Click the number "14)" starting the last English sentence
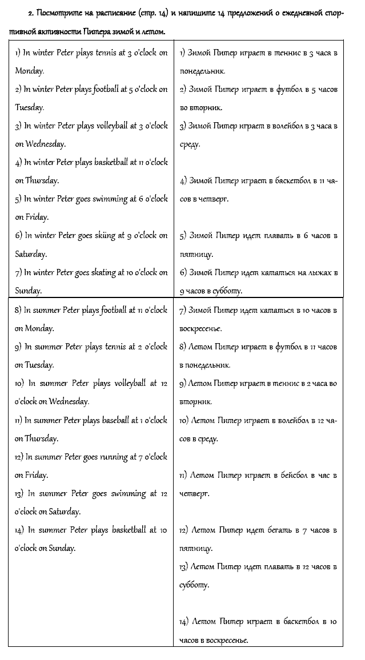click(21, 530)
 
